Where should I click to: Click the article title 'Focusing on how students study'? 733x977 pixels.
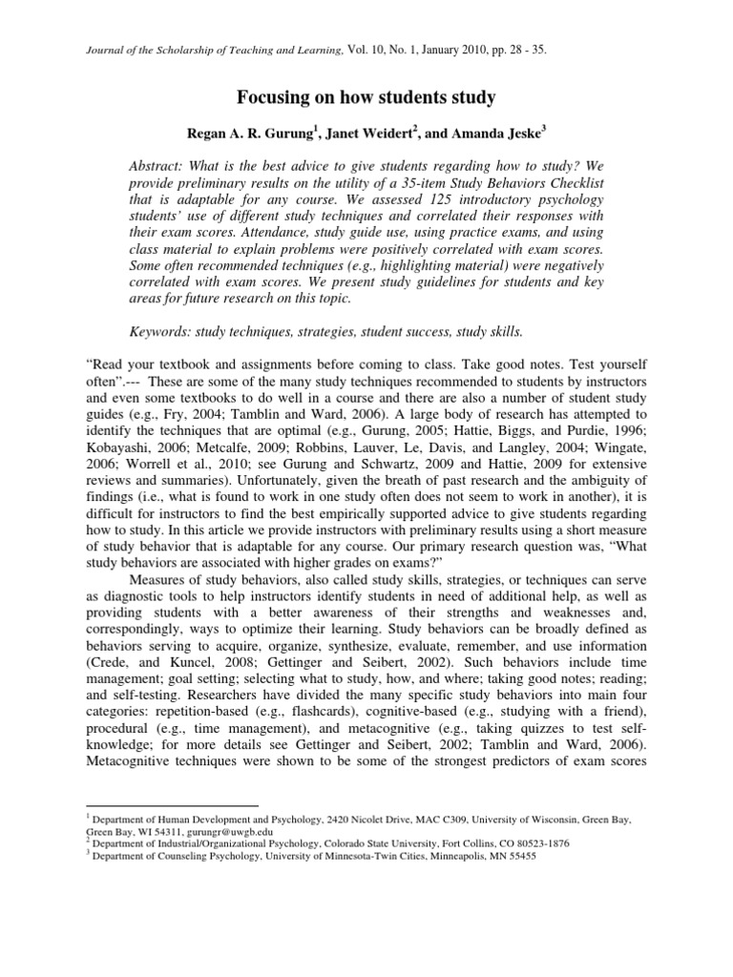point(366,96)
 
